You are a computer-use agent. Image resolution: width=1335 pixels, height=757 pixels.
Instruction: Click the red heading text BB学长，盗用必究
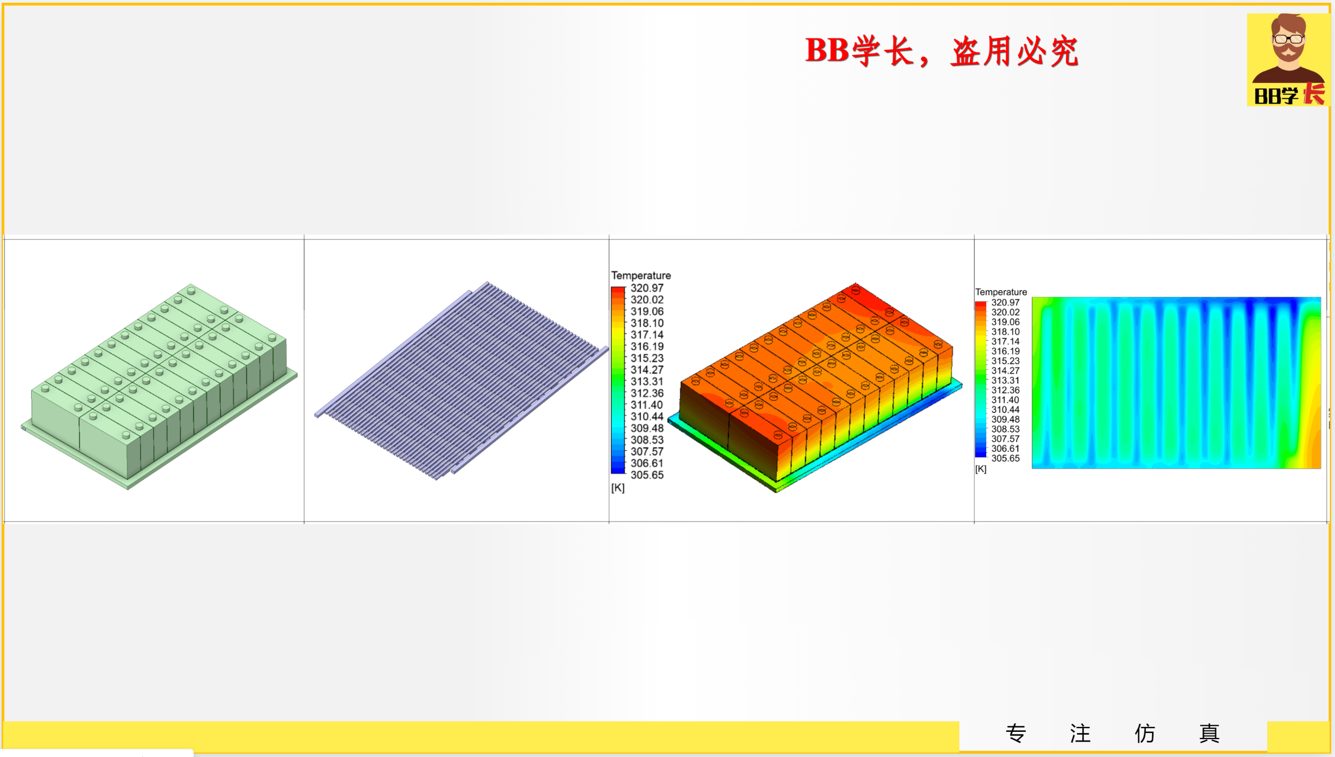(x=941, y=52)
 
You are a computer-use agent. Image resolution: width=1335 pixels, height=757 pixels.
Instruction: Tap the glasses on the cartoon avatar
(x=1288, y=39)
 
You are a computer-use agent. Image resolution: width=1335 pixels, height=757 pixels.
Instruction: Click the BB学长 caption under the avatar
(x=1289, y=95)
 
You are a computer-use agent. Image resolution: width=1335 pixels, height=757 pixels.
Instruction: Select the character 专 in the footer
(x=1016, y=733)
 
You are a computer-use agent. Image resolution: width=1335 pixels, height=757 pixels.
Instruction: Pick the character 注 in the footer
(x=1080, y=733)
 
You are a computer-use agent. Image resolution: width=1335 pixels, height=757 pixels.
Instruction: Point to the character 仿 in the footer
(x=1144, y=733)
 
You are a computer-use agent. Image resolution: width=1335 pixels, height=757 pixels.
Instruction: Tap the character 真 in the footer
(x=1209, y=733)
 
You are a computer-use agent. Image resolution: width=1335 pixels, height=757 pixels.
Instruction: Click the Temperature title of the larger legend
(x=640, y=275)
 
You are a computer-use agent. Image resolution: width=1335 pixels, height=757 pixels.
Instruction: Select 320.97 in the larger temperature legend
(x=646, y=288)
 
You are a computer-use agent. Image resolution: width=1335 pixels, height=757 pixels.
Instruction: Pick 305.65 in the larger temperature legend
(x=646, y=475)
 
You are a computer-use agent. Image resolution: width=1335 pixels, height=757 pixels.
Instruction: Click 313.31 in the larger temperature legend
(x=646, y=381)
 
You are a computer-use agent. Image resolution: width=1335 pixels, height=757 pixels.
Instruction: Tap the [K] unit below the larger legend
(x=618, y=488)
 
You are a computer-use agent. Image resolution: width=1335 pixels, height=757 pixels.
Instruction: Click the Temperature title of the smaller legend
(x=1001, y=292)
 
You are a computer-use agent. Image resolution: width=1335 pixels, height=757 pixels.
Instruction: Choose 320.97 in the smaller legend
(x=1005, y=303)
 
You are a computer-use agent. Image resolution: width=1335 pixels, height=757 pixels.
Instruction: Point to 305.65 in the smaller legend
(x=1005, y=458)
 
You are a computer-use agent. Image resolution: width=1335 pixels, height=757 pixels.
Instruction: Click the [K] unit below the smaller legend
(x=981, y=469)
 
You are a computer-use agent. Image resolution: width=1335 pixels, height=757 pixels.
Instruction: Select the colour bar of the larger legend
(x=618, y=380)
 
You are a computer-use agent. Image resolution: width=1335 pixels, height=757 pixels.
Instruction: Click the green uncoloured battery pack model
(x=158, y=382)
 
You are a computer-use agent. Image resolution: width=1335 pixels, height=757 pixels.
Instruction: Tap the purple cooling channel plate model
(x=461, y=380)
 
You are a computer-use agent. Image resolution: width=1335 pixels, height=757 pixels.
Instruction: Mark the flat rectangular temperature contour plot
(x=1176, y=382)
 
